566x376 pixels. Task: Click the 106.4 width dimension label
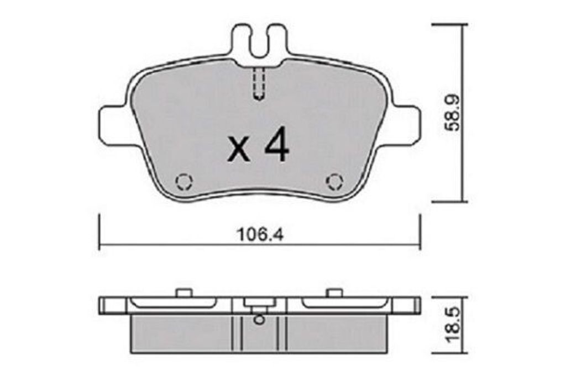click(260, 235)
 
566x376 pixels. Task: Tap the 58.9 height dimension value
click(452, 113)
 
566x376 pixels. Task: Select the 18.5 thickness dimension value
click(452, 325)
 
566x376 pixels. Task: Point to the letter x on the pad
click(239, 150)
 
